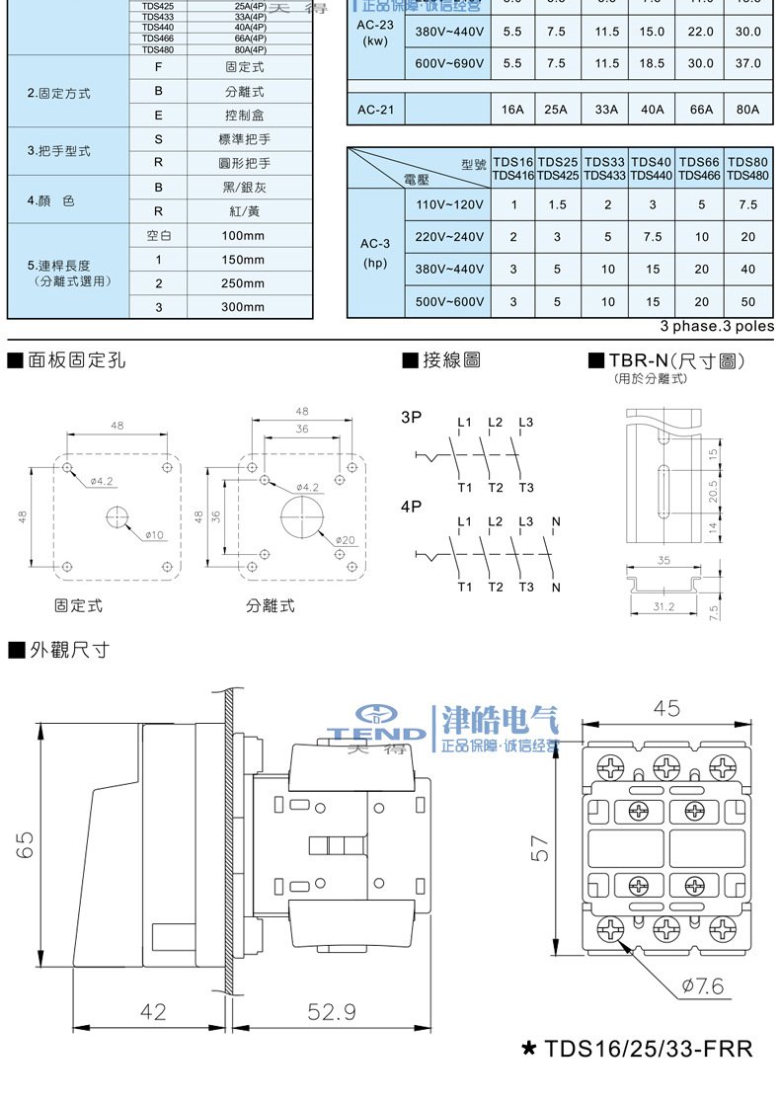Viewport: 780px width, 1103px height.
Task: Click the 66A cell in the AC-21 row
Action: click(701, 109)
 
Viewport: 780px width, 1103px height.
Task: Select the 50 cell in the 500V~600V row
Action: click(747, 302)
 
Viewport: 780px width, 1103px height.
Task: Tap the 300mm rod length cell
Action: click(243, 307)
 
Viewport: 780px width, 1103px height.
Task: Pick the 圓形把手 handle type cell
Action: click(243, 163)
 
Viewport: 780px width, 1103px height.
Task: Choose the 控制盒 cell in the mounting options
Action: click(243, 115)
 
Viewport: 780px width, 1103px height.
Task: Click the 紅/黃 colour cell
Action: click(243, 211)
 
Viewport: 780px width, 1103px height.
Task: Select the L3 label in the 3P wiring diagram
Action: click(525, 424)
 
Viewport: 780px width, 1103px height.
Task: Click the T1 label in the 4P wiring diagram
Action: click(464, 588)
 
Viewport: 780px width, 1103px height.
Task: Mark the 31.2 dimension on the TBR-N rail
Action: click(663, 606)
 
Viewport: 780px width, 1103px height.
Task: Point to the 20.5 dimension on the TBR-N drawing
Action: click(713, 491)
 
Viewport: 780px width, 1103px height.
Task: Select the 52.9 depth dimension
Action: click(332, 1012)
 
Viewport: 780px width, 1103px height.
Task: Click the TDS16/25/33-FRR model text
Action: click(648, 1048)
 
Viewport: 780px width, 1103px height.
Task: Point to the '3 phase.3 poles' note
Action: click(717, 326)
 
